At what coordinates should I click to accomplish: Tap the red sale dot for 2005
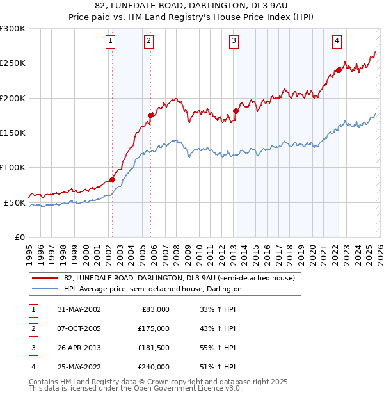tap(150, 115)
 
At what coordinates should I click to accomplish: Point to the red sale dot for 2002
tap(112, 179)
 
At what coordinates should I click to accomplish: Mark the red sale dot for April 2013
tap(236, 111)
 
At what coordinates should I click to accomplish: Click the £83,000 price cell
tap(154, 309)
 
